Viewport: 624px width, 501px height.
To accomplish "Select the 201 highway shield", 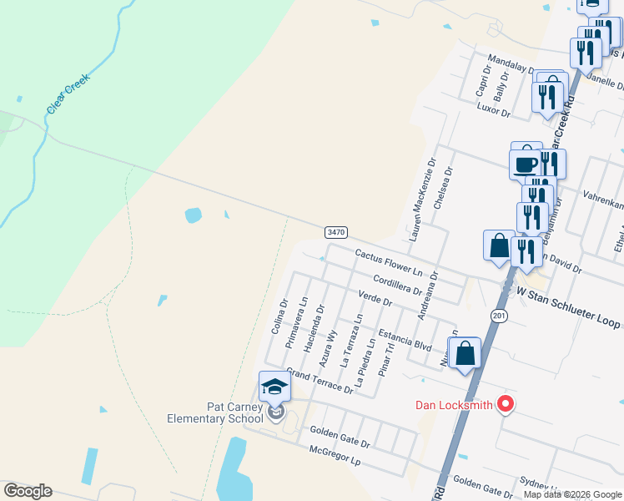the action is (x=499, y=315).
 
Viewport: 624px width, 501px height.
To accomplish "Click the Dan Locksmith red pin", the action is (x=505, y=405).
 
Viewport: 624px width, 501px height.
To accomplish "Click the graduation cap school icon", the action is (x=274, y=387).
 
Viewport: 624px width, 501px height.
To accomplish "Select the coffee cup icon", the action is (x=526, y=164).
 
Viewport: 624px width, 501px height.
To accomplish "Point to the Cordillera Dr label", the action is (x=397, y=285).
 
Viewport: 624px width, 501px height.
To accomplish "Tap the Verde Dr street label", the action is (x=375, y=297).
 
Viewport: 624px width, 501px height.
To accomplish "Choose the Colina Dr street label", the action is (x=279, y=316).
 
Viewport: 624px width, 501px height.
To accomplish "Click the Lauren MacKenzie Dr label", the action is (x=421, y=197).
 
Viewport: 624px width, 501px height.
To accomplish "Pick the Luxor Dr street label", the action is (x=493, y=109).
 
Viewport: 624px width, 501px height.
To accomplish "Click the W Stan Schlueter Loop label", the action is (x=569, y=297).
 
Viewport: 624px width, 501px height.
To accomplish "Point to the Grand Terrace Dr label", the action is (x=320, y=381).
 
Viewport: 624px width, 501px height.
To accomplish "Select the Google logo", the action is (x=28, y=491).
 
